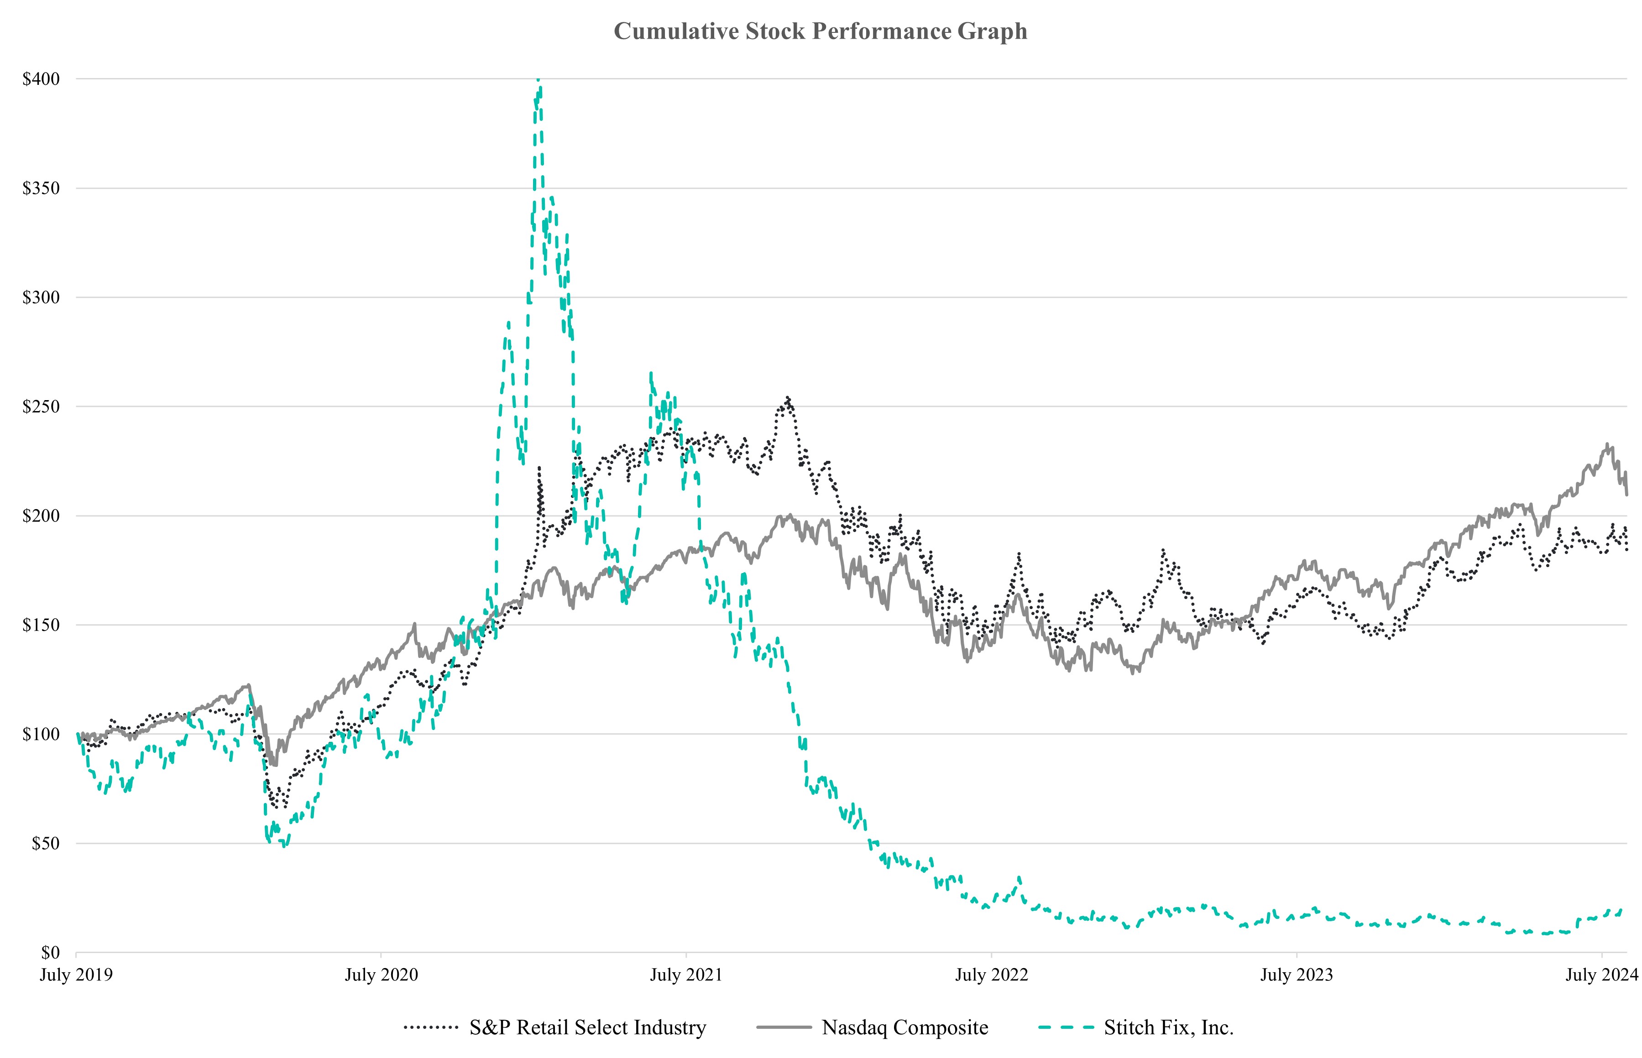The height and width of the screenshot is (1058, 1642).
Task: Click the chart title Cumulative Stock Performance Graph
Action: click(x=820, y=31)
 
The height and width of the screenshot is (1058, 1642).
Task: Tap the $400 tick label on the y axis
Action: click(x=41, y=79)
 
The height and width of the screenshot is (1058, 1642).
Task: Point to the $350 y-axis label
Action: click(x=41, y=188)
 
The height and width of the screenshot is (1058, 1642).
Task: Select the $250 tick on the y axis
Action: click(x=41, y=407)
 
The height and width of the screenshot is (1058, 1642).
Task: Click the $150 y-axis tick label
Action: click(x=41, y=625)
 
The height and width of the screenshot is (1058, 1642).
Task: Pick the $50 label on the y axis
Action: click(x=45, y=844)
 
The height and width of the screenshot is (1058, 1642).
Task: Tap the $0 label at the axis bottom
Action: click(x=50, y=953)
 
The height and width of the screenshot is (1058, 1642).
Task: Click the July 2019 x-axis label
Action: click(x=76, y=975)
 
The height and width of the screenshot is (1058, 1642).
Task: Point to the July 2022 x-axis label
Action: click(x=991, y=975)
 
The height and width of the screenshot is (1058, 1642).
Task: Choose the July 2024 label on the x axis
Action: click(x=1601, y=975)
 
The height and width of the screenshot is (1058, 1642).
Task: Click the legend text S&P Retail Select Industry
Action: click(x=587, y=1028)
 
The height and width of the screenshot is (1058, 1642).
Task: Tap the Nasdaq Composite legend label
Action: click(x=905, y=1028)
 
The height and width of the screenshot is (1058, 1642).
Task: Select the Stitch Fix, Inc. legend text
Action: click(x=1169, y=1028)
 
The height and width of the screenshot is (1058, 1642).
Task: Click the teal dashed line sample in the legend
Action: click(x=1066, y=1028)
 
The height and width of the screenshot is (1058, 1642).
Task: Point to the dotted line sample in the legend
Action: click(x=431, y=1028)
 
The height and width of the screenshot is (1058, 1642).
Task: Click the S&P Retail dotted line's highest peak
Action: click(x=788, y=398)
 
